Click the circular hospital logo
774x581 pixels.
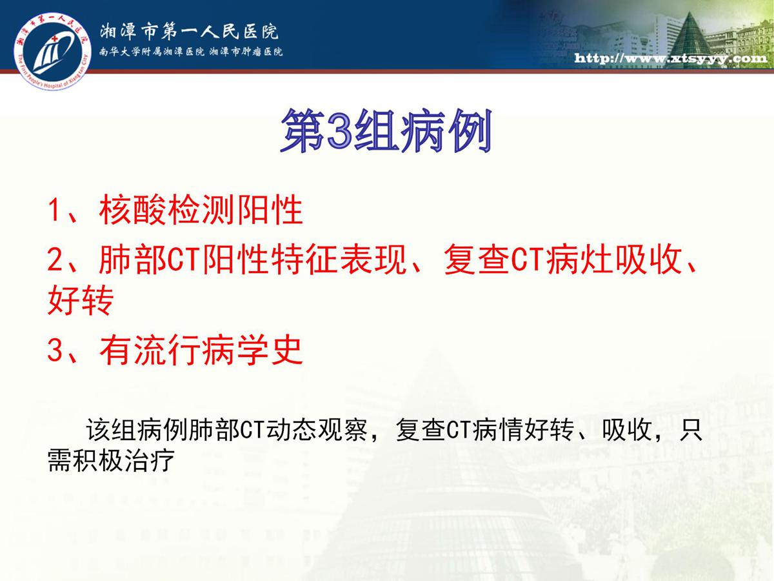(52, 51)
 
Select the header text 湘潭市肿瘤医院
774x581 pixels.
(246, 52)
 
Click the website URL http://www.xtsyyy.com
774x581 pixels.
(671, 58)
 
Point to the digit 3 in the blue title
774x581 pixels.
(339, 131)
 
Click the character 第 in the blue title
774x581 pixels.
(303, 130)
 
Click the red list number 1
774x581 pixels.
(54, 210)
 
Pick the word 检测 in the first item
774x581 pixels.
(201, 210)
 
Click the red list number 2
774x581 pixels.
(55, 260)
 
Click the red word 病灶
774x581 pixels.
(579, 260)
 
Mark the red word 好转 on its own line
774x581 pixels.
(81, 300)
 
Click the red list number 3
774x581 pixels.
(55, 350)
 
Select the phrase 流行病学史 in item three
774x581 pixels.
(218, 350)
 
